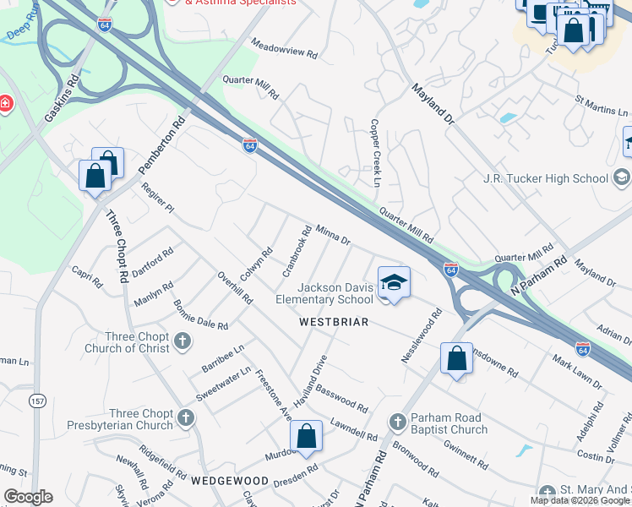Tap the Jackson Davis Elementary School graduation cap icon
click(x=393, y=283)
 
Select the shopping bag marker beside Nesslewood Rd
click(x=456, y=358)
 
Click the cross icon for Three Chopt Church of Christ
click(x=183, y=342)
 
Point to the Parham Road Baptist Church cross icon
click(x=399, y=422)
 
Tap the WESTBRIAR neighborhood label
click(x=334, y=323)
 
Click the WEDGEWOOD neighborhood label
click(x=228, y=480)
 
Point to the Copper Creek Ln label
click(x=373, y=151)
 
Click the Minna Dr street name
click(x=332, y=234)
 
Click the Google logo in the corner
click(x=28, y=497)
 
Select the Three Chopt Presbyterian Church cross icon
click(x=185, y=417)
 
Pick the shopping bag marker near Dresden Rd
click(x=307, y=437)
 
